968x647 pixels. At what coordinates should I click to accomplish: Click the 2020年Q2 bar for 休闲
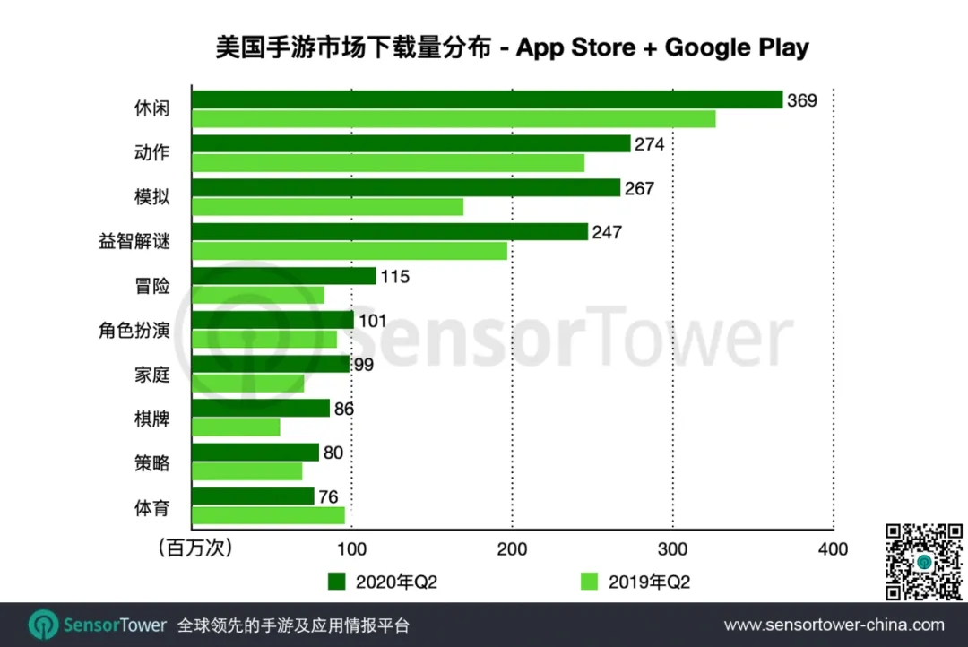click(x=487, y=99)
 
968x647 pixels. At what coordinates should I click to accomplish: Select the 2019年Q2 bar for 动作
click(x=387, y=163)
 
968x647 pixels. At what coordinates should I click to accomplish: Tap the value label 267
click(x=640, y=188)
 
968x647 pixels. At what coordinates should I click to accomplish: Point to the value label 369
click(x=802, y=100)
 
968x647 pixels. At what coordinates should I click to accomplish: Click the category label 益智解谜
click(x=134, y=242)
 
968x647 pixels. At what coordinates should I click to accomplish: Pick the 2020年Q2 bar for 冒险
click(x=283, y=276)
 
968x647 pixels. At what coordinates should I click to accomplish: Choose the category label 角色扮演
click(x=134, y=331)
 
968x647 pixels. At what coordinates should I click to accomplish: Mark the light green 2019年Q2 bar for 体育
click(x=268, y=515)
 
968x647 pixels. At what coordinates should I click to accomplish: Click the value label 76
click(x=333, y=496)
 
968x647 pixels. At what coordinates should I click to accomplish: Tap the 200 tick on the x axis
click(x=512, y=548)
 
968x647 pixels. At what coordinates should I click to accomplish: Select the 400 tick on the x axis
click(x=833, y=548)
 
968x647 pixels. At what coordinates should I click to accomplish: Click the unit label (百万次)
click(x=194, y=548)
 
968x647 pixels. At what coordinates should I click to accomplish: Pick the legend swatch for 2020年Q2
click(x=337, y=582)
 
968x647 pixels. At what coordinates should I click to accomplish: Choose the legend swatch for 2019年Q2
click(x=589, y=582)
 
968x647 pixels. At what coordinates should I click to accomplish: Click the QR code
click(x=923, y=561)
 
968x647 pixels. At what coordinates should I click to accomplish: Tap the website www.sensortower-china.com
click(x=834, y=625)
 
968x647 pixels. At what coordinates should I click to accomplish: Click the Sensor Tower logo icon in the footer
click(x=43, y=625)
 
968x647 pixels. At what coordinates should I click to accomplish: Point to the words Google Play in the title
click(x=737, y=47)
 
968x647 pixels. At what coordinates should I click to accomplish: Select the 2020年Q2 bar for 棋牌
click(x=261, y=409)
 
